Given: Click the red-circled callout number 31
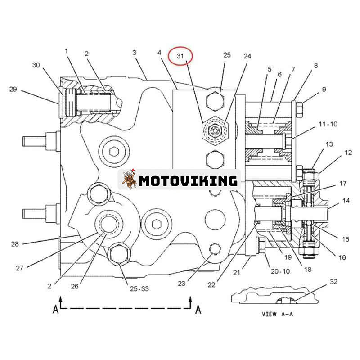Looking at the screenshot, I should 180,56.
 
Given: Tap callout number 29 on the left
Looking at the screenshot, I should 13,89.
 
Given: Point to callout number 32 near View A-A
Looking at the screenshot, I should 333,282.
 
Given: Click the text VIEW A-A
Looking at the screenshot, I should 277,314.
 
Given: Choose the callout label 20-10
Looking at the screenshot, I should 280,271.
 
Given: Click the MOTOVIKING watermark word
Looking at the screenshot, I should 188,181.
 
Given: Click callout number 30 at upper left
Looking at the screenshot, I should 36,65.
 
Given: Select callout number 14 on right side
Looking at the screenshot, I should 346,200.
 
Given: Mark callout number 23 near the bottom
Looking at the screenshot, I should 181,283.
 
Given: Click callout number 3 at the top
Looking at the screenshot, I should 135,53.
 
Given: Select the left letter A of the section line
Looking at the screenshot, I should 56,310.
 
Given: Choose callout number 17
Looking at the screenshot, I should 343,184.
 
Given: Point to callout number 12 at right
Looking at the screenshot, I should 348,153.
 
